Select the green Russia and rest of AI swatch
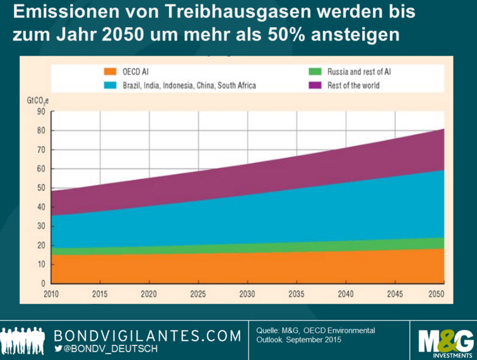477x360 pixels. (314, 73)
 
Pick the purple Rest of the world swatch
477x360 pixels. (314, 85)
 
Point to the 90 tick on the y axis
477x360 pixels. (41, 112)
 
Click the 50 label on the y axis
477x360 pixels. (41, 188)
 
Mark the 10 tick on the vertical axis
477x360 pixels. (41, 265)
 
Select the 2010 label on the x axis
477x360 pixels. (52, 294)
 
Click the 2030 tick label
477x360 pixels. (247, 294)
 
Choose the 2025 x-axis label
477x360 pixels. (198, 294)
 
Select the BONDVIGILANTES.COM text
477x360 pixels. (148, 335)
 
